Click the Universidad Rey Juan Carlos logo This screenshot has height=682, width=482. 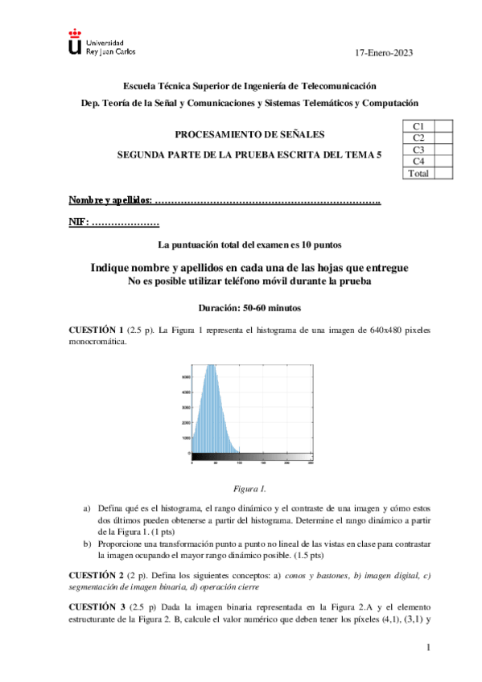pos(101,46)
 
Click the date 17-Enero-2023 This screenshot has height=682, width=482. pos(384,53)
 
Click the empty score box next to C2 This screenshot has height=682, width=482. pos(443,138)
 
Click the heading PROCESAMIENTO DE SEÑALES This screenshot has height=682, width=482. pos(250,134)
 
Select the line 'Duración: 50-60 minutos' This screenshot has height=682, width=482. pos(249,307)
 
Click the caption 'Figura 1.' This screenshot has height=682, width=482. pos(249,488)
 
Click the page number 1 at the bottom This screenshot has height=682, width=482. pos(429,647)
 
